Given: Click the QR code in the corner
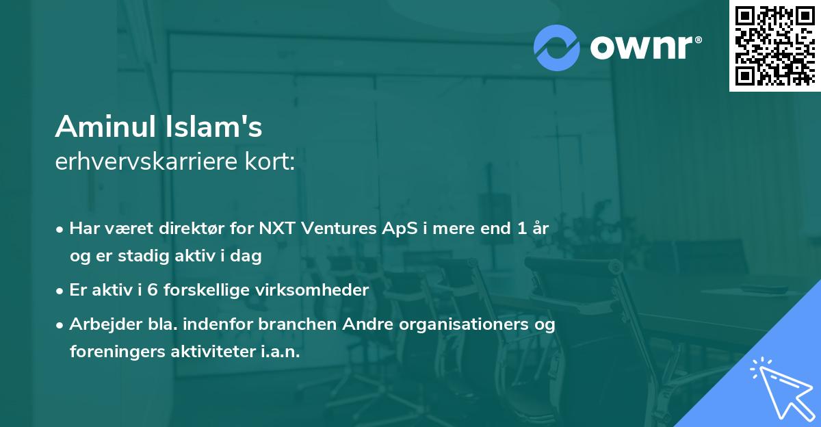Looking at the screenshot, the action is (x=774, y=46).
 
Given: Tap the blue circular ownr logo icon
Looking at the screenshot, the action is (x=556, y=48).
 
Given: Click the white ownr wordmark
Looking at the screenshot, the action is (x=646, y=47).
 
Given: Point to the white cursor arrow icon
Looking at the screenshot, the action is (x=783, y=389).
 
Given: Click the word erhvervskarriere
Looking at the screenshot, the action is (x=146, y=161).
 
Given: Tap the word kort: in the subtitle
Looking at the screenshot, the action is (x=270, y=161).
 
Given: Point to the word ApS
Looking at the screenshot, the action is (x=400, y=229).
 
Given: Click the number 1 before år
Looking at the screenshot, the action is (x=522, y=229).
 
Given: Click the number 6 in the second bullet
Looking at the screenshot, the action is (x=153, y=290).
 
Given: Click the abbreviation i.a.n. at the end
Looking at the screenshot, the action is (x=281, y=352).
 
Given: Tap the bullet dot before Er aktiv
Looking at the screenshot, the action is (x=60, y=292).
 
